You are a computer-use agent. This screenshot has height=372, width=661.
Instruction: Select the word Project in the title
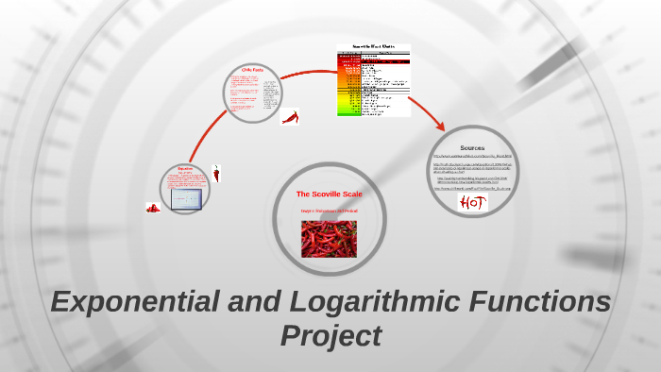(330, 335)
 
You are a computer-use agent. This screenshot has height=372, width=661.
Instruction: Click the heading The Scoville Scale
(330, 194)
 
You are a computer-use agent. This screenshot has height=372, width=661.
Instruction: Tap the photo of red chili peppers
(330, 239)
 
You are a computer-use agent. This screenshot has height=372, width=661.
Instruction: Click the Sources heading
(472, 148)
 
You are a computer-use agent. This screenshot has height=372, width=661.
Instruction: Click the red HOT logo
(472, 202)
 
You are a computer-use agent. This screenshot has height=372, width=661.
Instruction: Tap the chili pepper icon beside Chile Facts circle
(291, 117)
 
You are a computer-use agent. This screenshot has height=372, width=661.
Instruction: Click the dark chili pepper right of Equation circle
(216, 174)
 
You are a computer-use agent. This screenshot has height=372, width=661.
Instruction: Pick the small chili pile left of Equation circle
(152, 208)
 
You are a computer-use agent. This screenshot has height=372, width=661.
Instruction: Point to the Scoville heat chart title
(374, 46)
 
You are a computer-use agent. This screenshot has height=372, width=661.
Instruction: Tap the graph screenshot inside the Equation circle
(185, 199)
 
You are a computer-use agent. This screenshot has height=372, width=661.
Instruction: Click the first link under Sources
(472, 157)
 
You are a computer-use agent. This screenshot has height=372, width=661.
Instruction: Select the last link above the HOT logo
(472, 188)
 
